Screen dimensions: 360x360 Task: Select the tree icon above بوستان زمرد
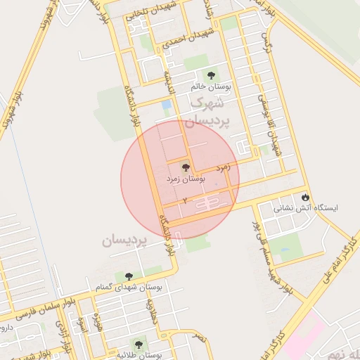(x=186, y=168)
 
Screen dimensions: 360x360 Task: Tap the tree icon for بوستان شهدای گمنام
(x=127, y=277)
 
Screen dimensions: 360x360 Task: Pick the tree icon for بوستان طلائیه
(x=139, y=344)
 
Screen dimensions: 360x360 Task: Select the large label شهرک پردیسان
(x=210, y=111)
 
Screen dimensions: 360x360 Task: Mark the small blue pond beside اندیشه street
(x=167, y=106)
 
